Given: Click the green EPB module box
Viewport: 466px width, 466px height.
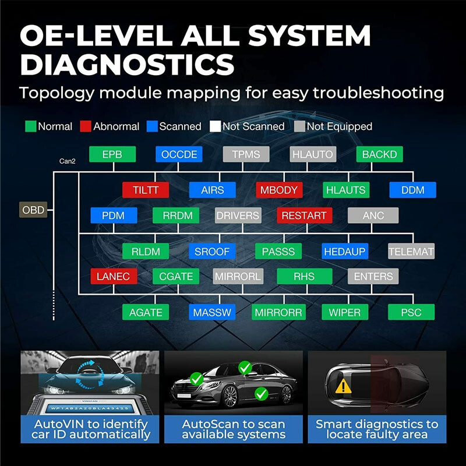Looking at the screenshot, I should [112, 154].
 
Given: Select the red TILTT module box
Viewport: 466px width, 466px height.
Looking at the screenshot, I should [146, 190].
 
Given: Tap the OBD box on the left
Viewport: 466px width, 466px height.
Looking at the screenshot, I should [33, 210].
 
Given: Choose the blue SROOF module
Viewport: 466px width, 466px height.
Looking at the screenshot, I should [212, 252].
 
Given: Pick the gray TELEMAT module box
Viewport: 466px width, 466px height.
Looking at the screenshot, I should [411, 252].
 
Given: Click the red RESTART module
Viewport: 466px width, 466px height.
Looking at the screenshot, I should [303, 216].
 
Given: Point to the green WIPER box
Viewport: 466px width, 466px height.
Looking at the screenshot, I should [345, 312].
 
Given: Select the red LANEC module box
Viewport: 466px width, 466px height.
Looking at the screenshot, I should [110, 276].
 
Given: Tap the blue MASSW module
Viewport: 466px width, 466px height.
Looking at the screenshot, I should [212, 312].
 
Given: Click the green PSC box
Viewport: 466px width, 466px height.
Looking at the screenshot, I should [411, 312].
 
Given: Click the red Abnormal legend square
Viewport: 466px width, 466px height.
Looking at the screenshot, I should [86, 126].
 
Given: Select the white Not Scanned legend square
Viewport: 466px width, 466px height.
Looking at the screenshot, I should [216, 126].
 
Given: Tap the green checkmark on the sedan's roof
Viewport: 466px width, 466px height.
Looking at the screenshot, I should [245, 368].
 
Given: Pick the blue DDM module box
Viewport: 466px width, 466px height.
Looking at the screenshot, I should [412, 190].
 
